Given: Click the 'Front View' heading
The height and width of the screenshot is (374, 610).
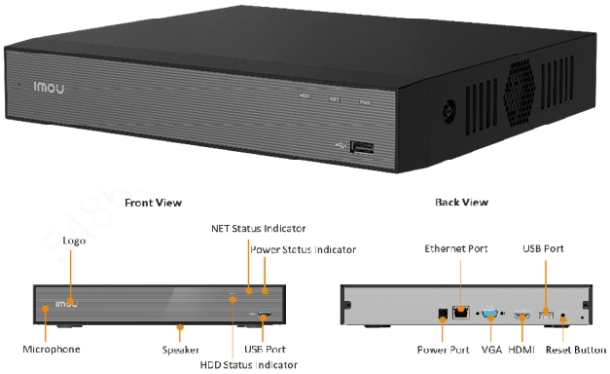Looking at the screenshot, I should (153, 203).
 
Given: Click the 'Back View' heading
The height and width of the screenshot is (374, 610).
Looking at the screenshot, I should (462, 203).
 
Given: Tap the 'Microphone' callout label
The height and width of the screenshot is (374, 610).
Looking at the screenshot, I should (52, 349).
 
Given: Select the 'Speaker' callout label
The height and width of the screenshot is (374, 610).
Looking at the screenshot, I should (181, 349).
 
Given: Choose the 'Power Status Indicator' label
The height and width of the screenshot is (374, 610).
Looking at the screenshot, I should (303, 249).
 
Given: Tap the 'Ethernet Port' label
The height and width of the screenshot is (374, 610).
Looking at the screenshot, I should (455, 249).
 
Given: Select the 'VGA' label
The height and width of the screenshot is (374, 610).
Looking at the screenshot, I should (490, 349).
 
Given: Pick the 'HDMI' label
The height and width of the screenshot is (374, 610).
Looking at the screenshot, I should (522, 349).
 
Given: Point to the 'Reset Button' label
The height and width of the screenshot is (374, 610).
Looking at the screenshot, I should (574, 349).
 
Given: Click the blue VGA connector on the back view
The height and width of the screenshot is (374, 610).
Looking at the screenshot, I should (488, 314).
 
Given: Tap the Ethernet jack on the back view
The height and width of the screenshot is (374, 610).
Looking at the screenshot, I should (461, 313).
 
